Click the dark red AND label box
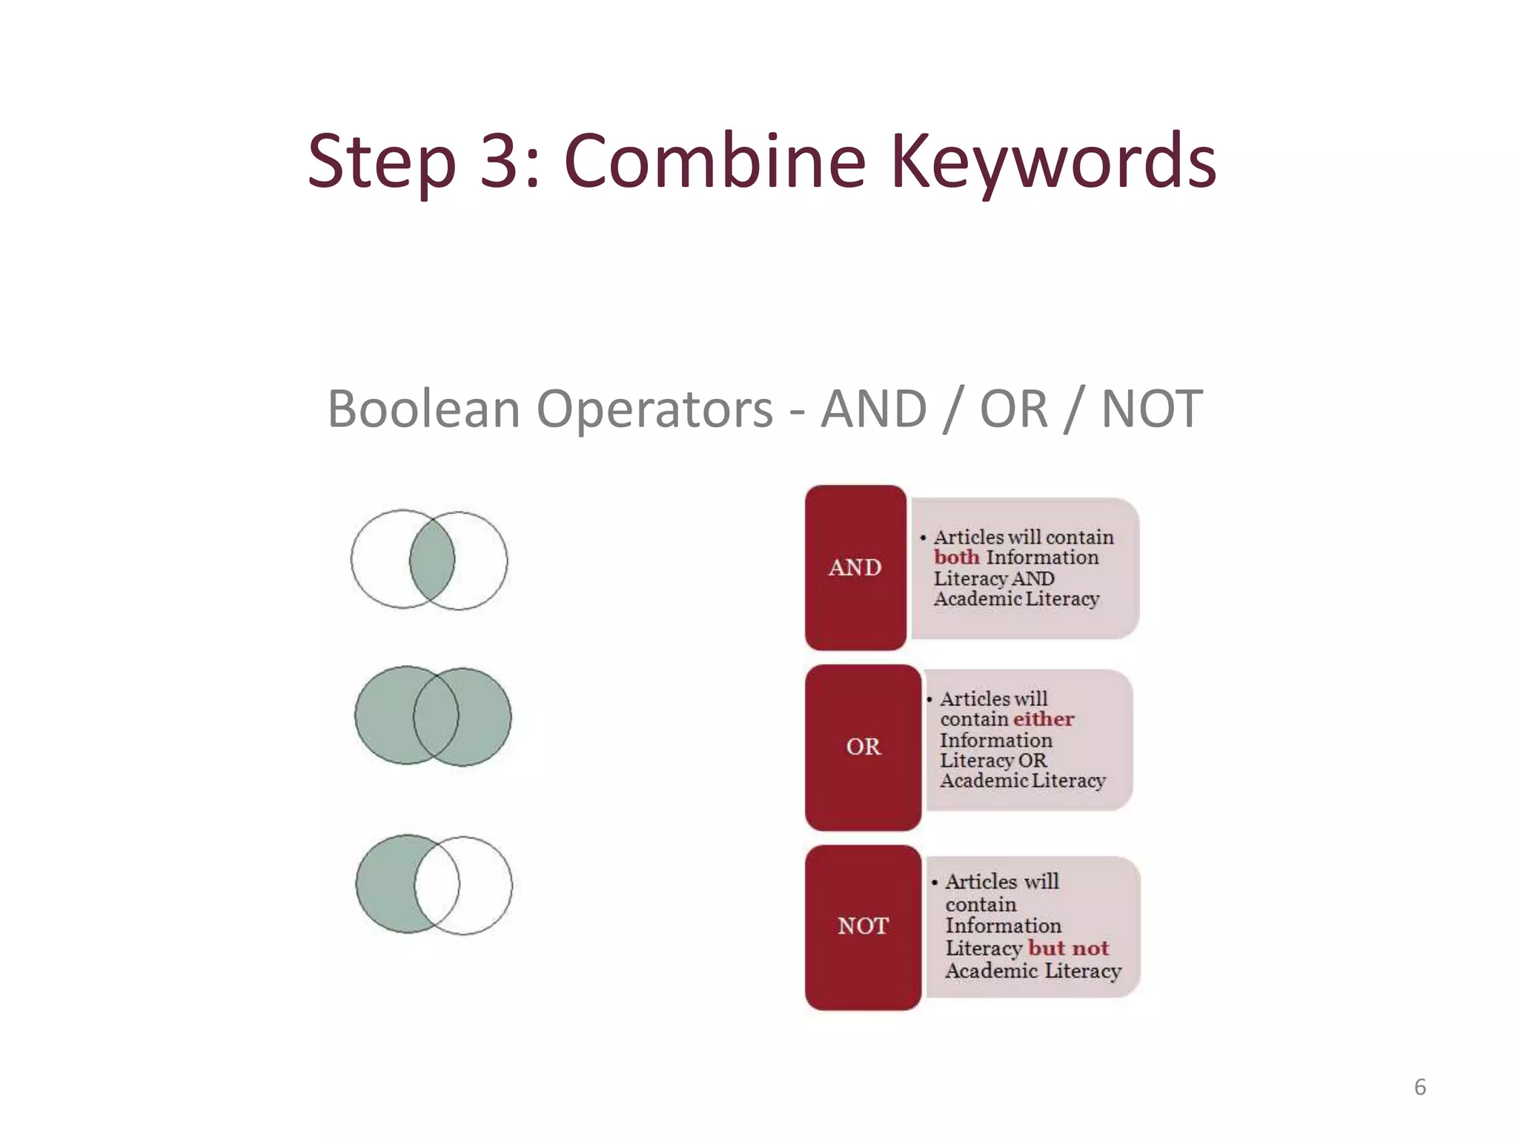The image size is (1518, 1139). (x=855, y=568)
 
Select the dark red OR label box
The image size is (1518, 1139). (x=863, y=747)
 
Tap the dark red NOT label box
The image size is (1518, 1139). (x=863, y=926)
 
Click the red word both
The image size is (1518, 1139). (x=956, y=558)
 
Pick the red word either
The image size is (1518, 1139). (x=1044, y=719)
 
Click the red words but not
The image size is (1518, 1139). (x=1068, y=948)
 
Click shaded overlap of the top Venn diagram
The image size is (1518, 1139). (x=432, y=560)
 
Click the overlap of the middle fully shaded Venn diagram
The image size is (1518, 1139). (x=436, y=716)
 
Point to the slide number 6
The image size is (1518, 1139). (x=1419, y=1087)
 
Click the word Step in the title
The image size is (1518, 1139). (x=381, y=162)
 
